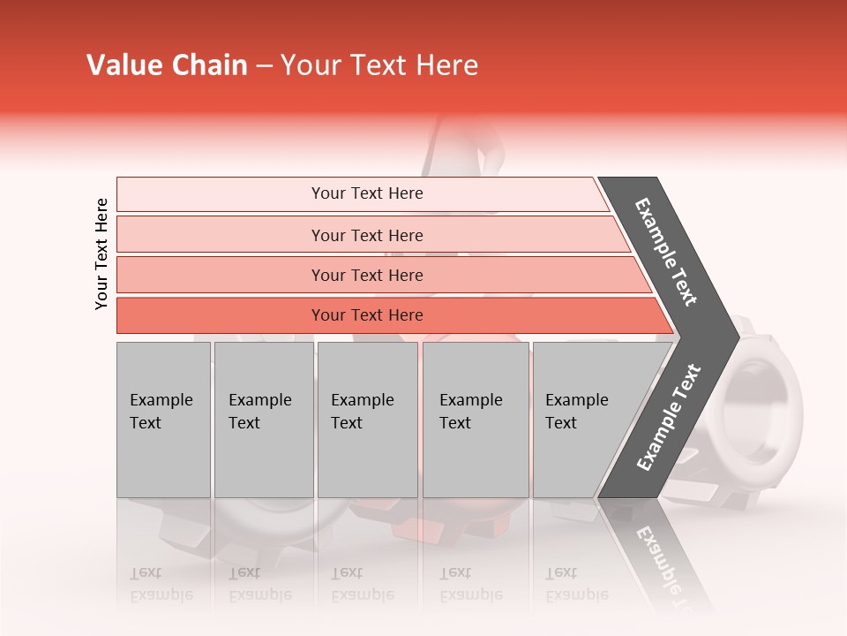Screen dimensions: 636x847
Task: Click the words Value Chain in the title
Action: coord(167,65)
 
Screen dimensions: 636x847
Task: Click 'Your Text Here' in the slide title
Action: coord(379,65)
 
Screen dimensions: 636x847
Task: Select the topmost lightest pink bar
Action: coord(221,194)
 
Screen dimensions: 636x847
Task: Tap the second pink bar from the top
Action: coord(221,235)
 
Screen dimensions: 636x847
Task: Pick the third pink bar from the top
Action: coord(221,275)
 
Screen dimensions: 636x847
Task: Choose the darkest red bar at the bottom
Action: coord(221,315)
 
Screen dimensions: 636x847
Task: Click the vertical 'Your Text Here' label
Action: coord(101,254)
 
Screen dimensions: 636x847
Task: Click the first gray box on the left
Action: coord(163,420)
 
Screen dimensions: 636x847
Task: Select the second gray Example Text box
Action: coord(263,420)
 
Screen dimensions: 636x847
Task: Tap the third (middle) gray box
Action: coord(367,420)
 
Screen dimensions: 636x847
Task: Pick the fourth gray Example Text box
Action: coord(475,420)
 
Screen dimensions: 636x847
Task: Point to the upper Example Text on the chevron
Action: coord(666,252)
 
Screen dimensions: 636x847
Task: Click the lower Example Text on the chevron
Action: coord(669,418)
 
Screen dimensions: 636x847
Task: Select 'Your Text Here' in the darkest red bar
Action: coord(367,315)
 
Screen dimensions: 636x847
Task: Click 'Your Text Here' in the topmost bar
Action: coord(367,193)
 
